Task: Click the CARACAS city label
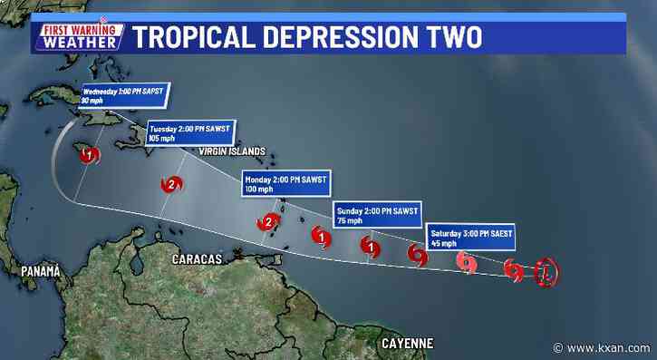(x=198, y=260)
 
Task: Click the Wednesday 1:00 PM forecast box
(x=125, y=95)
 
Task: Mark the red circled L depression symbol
(x=546, y=271)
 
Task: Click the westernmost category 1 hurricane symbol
(x=88, y=156)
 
